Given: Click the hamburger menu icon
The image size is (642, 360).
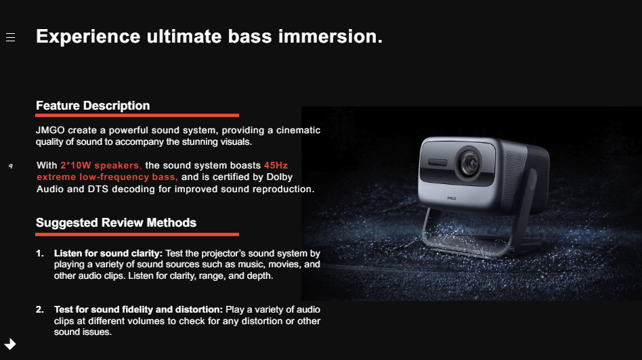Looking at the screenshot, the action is coord(11,38).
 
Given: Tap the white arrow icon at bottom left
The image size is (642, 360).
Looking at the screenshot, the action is coord(10,344).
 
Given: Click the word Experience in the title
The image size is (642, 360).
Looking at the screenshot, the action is coord(88,37).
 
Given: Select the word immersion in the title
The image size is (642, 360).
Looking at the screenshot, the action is coord(330,36).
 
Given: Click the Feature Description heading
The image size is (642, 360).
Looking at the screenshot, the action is coord(93,106).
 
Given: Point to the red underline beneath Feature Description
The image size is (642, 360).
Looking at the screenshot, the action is coord(137,115).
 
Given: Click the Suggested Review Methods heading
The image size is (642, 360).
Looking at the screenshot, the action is coord(116,223).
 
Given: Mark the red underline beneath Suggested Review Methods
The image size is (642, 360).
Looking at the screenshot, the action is coord(137,234).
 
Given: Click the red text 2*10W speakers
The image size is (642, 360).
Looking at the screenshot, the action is coord(101,166).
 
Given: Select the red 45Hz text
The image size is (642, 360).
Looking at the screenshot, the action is coord(276,165).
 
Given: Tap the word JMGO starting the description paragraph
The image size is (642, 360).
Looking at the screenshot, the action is coord(50,130).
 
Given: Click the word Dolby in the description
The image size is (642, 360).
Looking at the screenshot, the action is coord(280,177).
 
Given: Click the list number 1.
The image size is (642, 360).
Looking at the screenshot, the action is coord(40,254).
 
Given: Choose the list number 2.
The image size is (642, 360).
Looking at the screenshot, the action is coord(40,310).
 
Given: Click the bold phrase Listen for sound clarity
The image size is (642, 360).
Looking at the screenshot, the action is coord(108,254).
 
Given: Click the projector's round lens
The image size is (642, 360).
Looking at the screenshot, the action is coord(469,163).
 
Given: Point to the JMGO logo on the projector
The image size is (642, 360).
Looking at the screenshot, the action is coord(451,198).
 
